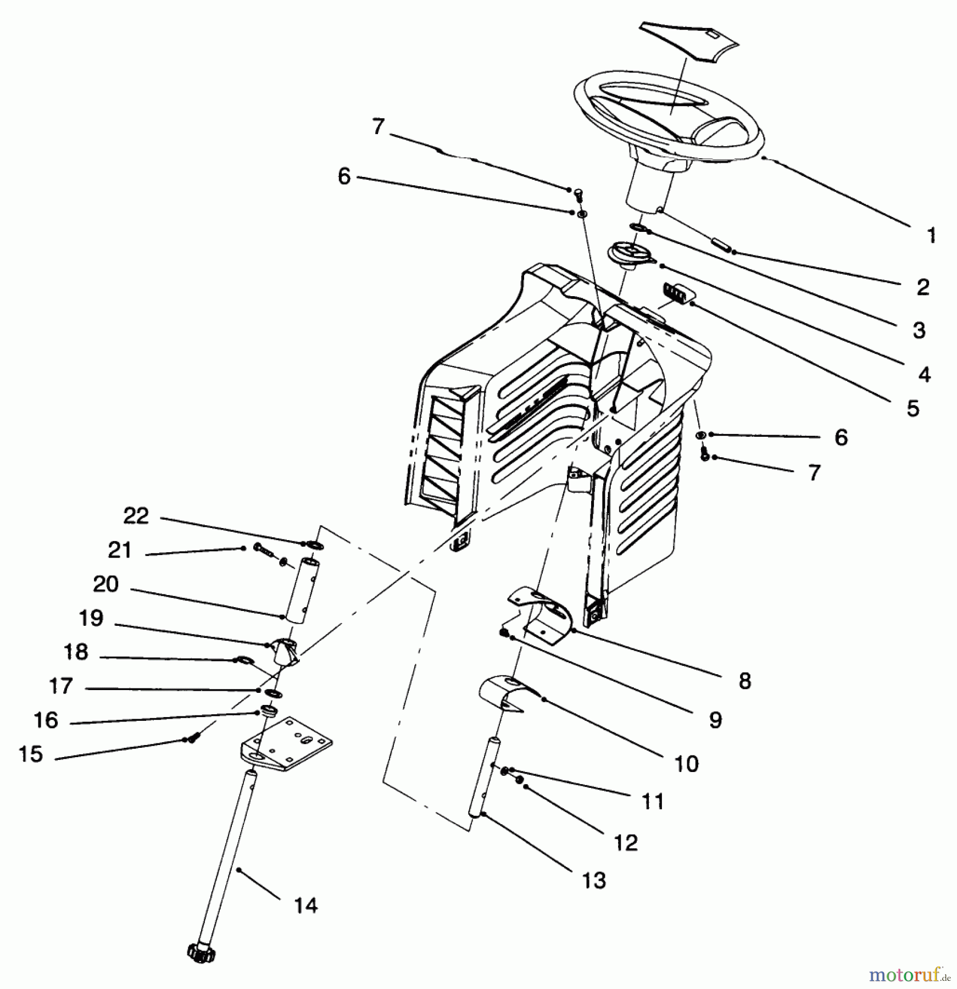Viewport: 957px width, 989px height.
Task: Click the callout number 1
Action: (931, 236)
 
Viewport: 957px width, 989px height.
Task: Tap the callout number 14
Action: (306, 905)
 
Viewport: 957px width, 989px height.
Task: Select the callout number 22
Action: (136, 516)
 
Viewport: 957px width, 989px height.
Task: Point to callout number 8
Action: (744, 681)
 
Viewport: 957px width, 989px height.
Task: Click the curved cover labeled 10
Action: (505, 693)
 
